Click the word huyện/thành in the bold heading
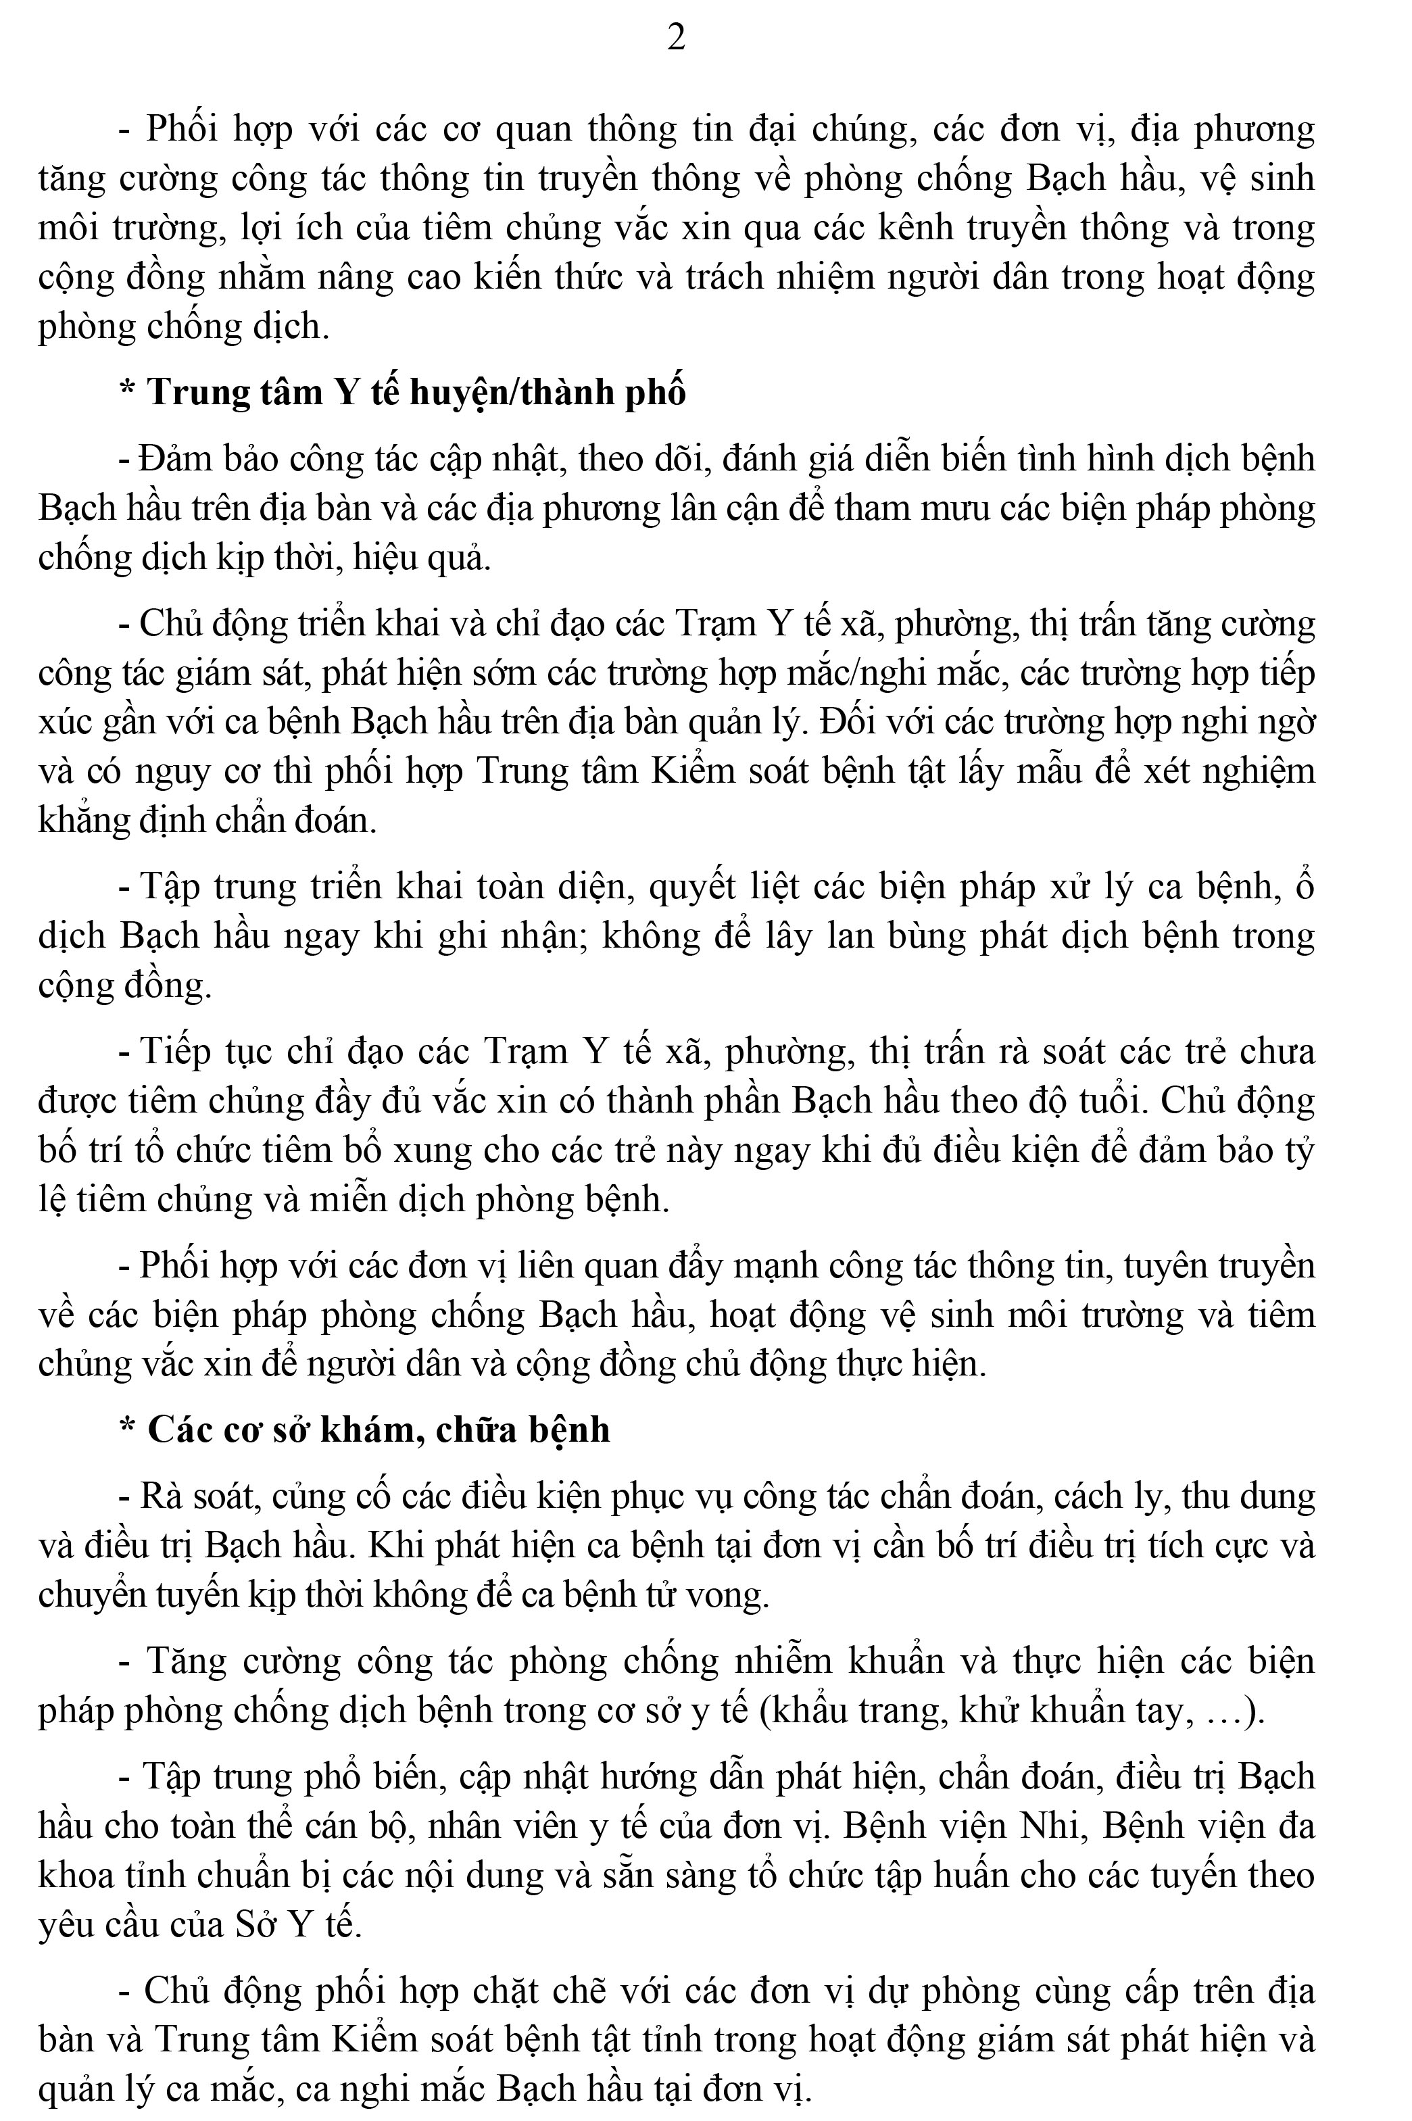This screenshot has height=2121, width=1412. point(512,393)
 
